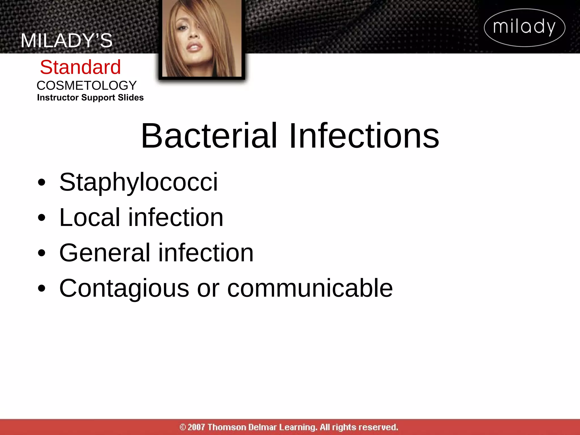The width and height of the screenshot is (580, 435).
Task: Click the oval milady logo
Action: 524,27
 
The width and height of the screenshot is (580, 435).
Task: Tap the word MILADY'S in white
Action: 67,40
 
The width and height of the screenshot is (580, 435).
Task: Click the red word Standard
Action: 80,67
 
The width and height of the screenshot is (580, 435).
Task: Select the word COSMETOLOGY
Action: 87,86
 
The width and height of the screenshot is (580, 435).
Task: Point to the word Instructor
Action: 58,98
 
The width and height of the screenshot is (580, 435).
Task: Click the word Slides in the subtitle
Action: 131,98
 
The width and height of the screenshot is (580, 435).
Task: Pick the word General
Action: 105,253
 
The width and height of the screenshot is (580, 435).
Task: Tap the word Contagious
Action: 124,288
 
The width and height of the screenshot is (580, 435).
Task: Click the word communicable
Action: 310,288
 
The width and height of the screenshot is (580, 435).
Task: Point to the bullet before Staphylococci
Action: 41,183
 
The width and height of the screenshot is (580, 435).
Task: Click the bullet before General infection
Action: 41,253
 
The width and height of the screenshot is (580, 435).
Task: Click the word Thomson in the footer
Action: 227,427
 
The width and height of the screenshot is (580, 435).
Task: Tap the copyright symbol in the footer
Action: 183,427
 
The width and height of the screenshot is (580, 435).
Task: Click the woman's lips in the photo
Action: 195,47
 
